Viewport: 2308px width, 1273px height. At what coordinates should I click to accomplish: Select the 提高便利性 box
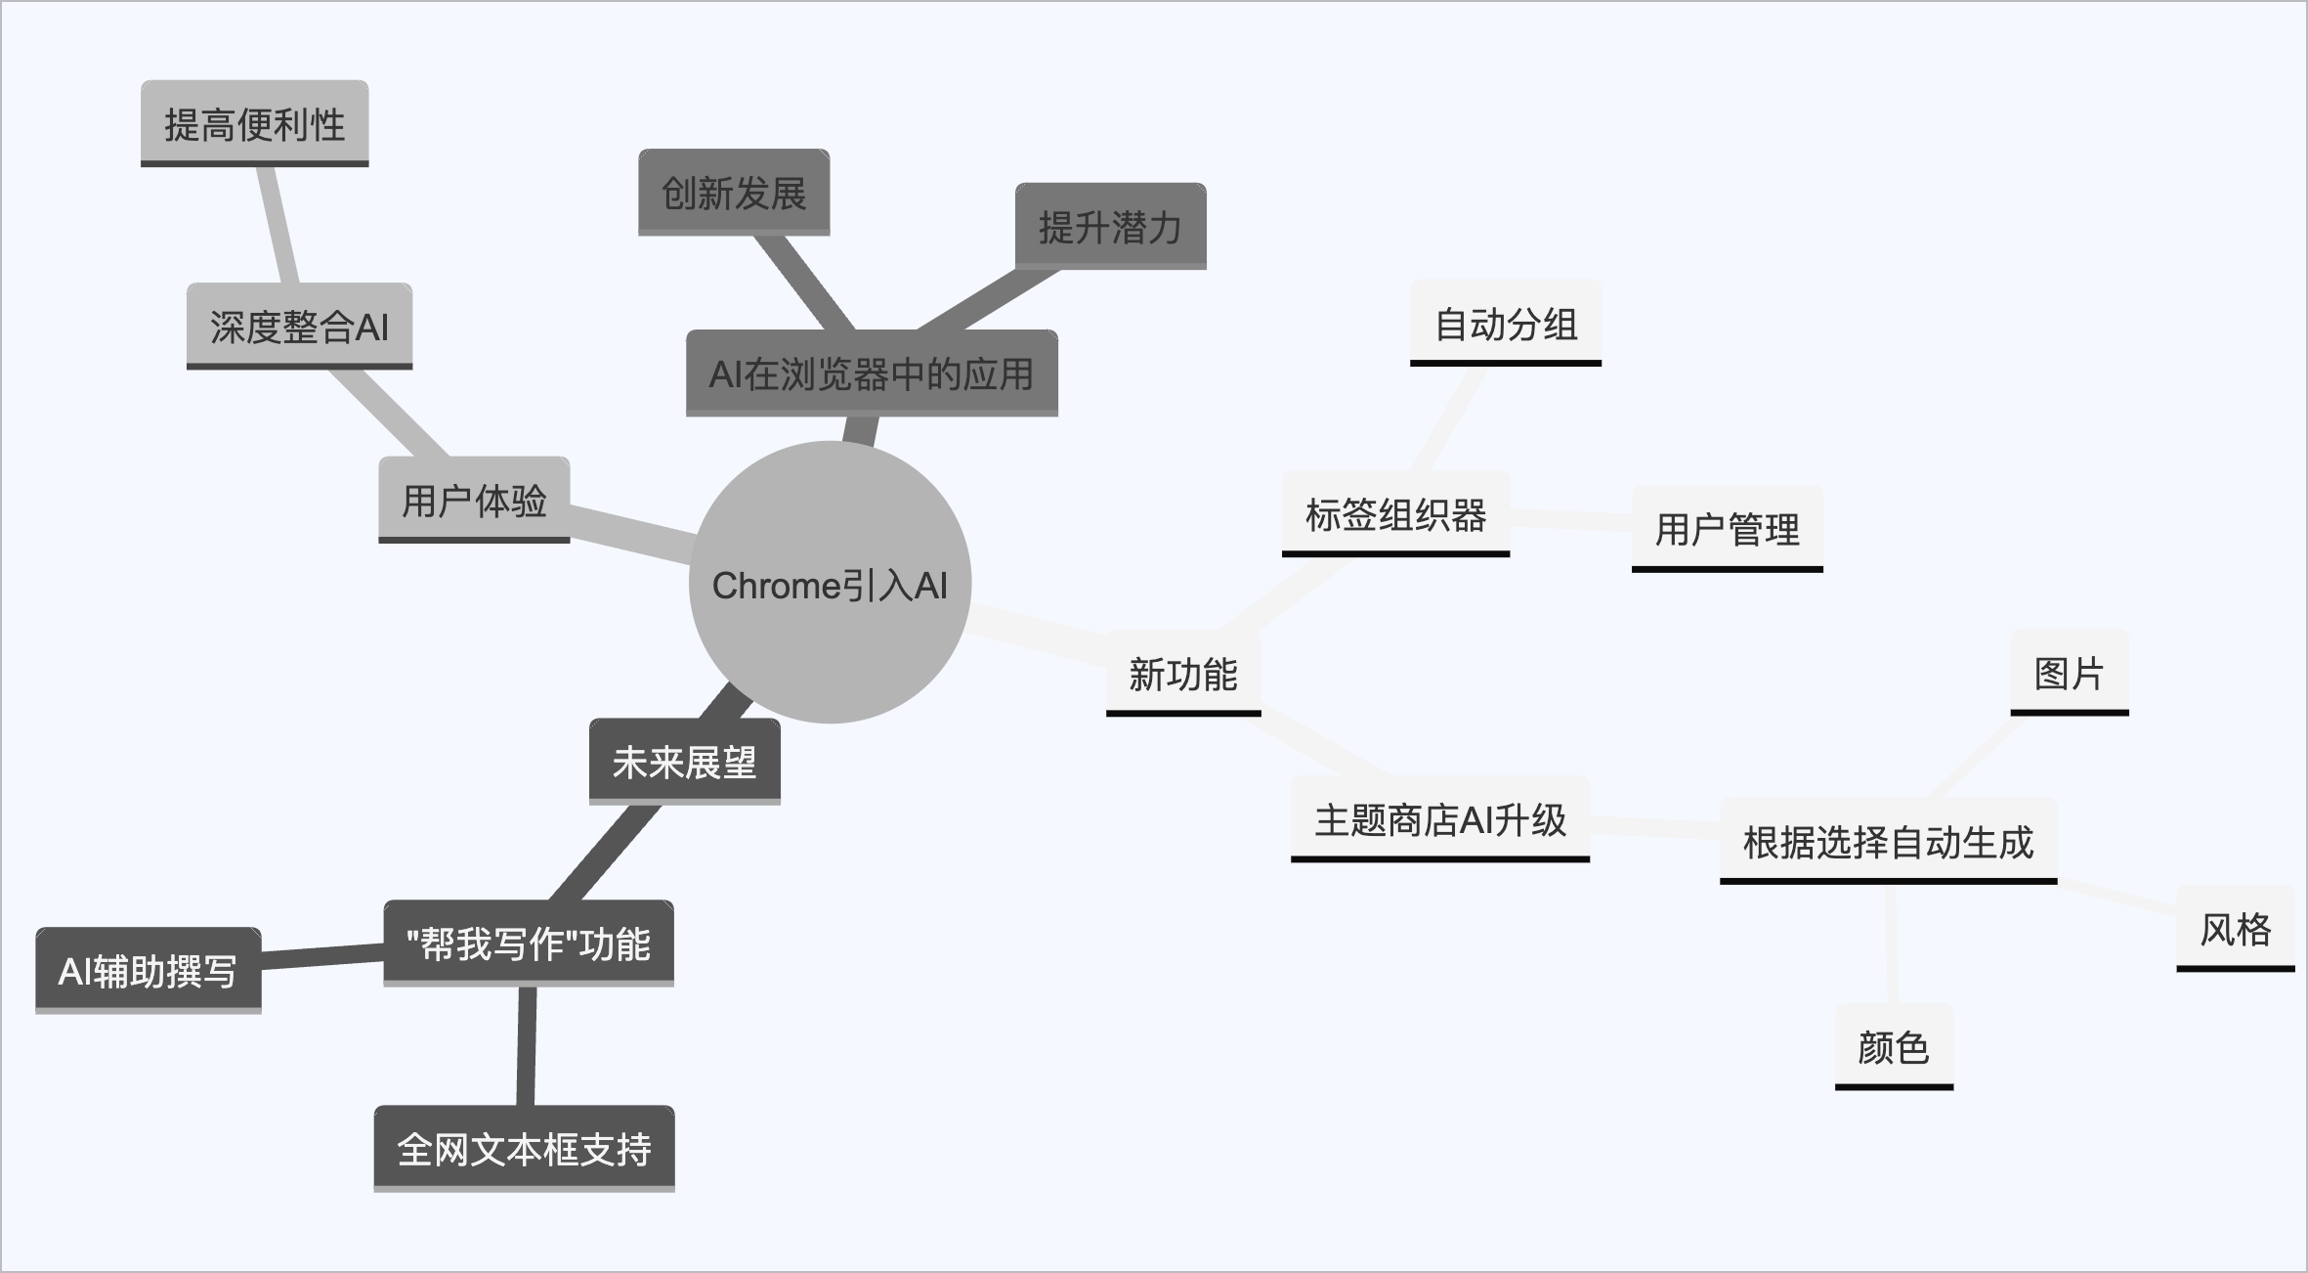[254, 123]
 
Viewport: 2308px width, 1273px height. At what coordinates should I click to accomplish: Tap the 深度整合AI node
[299, 327]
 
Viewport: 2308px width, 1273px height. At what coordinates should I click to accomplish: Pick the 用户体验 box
[474, 500]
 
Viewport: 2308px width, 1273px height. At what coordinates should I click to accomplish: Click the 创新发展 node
[734, 193]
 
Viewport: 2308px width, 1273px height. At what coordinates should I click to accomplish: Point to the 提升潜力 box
[1110, 226]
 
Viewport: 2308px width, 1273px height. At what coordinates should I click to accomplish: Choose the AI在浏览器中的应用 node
[872, 373]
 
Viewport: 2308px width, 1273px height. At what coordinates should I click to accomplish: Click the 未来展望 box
[684, 762]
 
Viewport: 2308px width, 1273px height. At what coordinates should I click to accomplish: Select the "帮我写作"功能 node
[528, 944]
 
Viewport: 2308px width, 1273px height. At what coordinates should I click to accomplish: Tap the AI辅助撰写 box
[149, 971]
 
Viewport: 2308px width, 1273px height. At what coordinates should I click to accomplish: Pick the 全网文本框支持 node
[524, 1149]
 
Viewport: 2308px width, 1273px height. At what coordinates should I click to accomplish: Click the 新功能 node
[1182, 674]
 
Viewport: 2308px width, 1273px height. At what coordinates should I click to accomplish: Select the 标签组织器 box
[1395, 514]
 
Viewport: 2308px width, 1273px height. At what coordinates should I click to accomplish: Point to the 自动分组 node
[1505, 324]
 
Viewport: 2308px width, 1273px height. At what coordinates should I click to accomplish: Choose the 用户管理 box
[1727, 529]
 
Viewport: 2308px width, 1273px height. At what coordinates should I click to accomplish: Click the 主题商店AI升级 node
[1439, 819]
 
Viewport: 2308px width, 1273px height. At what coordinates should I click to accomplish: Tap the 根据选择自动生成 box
[1888, 841]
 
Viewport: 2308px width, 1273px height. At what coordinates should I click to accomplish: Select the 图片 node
[2069, 673]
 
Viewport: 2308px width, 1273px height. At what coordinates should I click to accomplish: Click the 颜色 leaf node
[1893, 1047]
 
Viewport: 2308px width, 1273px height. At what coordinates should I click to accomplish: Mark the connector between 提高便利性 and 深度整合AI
[278, 225]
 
